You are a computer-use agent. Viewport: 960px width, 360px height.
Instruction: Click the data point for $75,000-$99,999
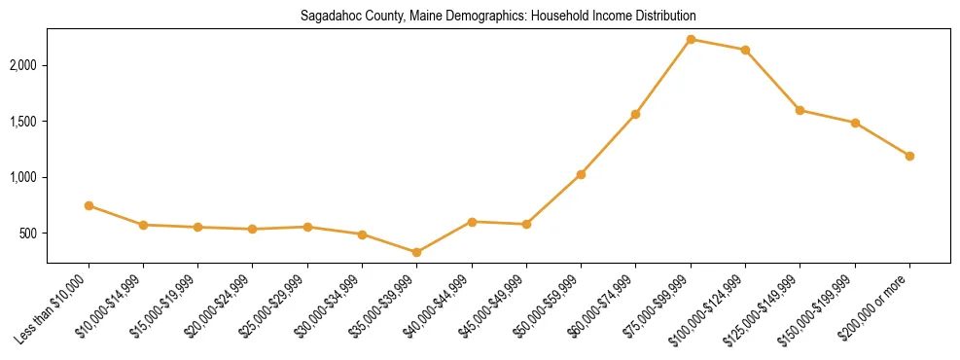coord(691,39)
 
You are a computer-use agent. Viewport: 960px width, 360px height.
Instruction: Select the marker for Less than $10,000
coord(89,205)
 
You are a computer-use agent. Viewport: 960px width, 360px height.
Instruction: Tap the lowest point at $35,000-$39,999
coord(417,252)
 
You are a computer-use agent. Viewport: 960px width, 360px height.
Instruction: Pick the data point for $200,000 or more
coord(909,156)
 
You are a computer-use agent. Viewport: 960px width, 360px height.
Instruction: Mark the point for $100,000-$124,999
coord(745,50)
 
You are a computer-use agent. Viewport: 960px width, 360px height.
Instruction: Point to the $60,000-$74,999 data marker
coord(635,114)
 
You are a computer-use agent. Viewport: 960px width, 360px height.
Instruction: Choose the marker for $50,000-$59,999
coord(581,174)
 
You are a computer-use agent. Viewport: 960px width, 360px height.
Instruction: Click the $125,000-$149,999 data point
coord(800,110)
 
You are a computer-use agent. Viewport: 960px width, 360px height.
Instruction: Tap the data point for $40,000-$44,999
coord(472,222)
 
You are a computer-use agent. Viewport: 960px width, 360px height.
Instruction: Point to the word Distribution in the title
coord(664,17)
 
